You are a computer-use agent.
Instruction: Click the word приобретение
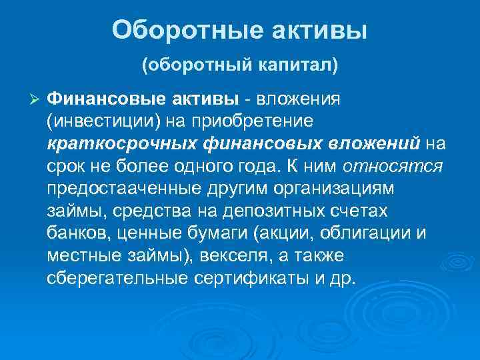(233, 122)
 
